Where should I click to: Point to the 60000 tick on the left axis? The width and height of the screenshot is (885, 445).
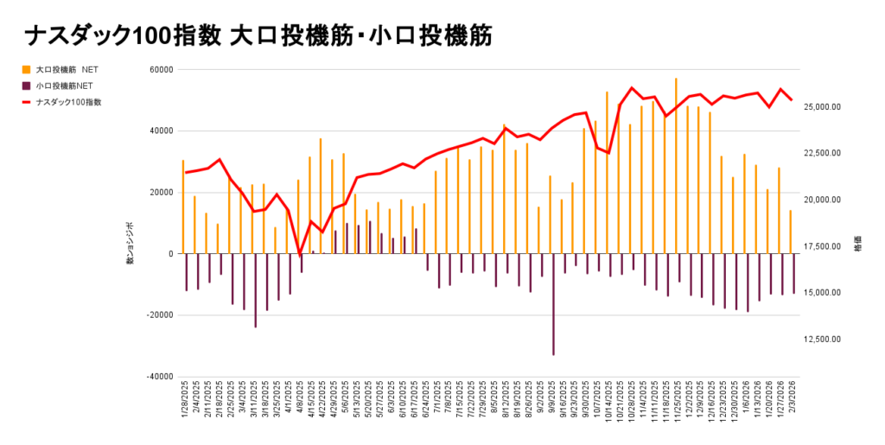[x=161, y=70]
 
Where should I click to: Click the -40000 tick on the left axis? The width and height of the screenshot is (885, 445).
[x=159, y=377]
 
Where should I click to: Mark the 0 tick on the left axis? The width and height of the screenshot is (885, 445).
[x=170, y=254]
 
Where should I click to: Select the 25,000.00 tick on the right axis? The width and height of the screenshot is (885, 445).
[x=822, y=107]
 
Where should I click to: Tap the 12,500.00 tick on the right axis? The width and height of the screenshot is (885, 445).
[x=822, y=340]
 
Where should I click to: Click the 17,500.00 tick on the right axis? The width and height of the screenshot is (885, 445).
[x=822, y=246]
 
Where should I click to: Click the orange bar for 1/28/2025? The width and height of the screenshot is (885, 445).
[x=183, y=207]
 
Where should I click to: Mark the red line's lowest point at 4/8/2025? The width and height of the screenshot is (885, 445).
[x=300, y=255]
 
